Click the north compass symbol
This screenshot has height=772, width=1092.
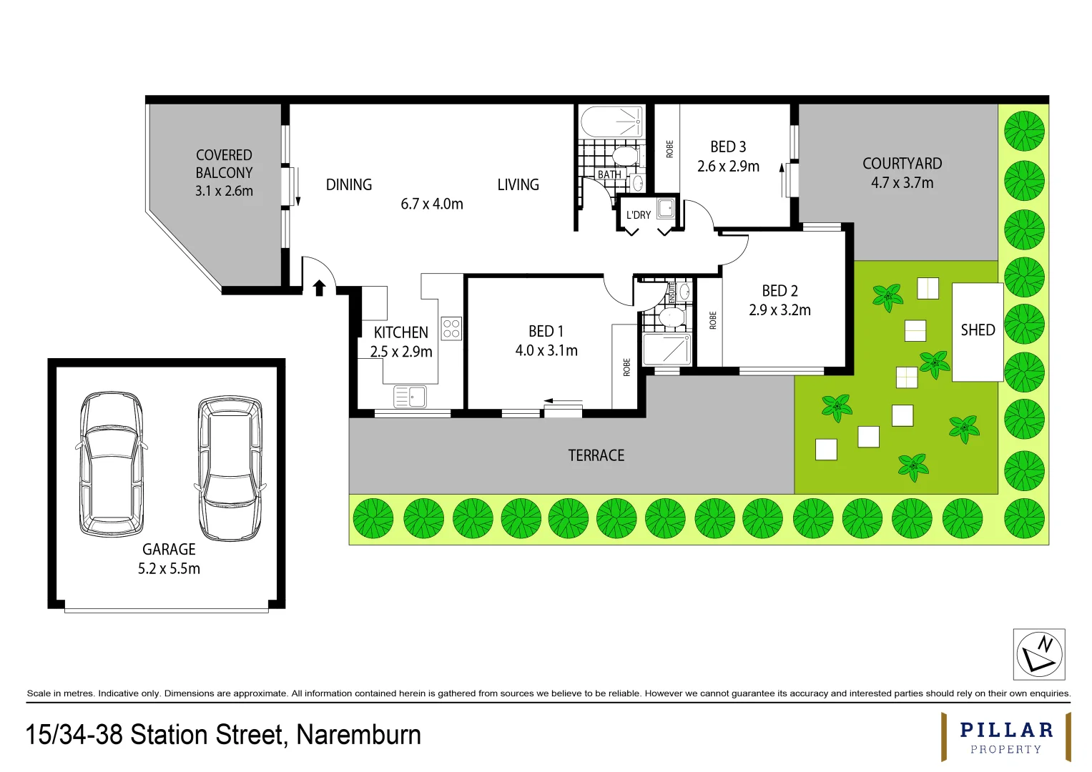1039,654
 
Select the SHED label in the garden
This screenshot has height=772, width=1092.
978,330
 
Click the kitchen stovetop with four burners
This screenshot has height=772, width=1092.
451,329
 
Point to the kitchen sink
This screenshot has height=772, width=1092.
410,396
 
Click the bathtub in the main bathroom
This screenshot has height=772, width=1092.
611,122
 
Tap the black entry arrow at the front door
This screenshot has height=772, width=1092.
319,288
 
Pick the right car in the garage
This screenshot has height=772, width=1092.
230,468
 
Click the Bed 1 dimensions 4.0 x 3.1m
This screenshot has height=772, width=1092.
546,350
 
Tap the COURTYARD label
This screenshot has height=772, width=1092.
902,164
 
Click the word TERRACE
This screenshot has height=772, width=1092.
596,456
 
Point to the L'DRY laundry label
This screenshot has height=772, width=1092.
638,215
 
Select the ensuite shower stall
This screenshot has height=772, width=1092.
667,350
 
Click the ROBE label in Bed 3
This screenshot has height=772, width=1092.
669,149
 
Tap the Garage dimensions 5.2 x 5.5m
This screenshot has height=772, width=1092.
169,569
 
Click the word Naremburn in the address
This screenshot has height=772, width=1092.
358,736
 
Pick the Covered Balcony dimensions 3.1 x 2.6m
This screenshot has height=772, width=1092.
224,191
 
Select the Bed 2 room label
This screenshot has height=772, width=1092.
779,291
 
